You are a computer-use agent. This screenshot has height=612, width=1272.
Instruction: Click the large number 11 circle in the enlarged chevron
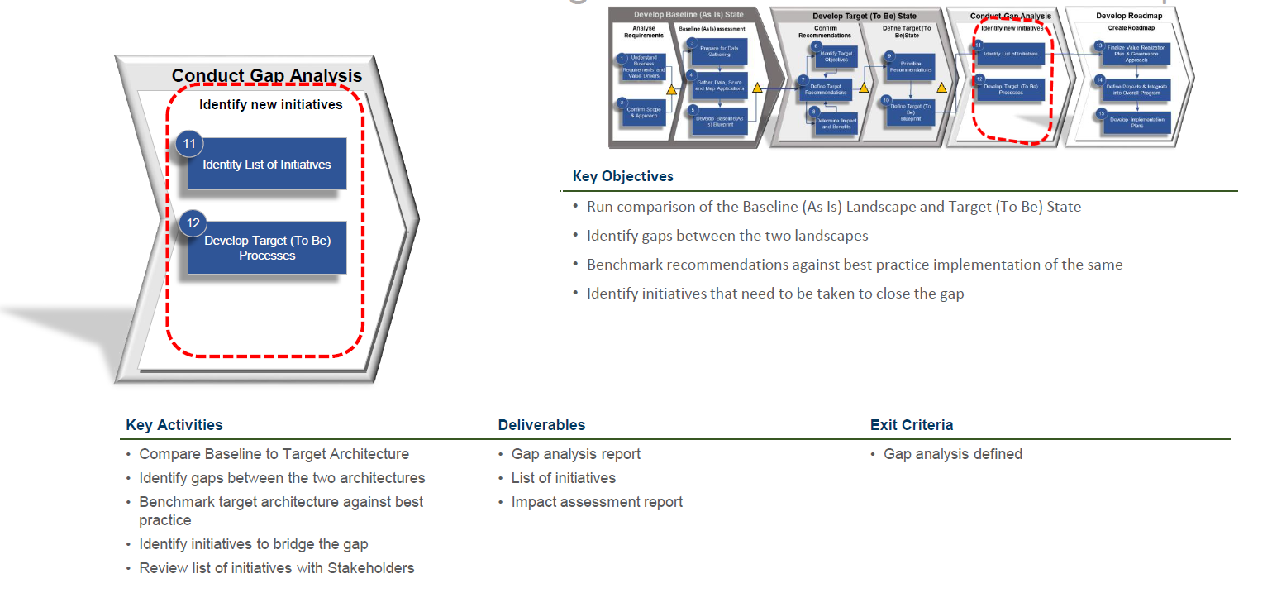pos(189,144)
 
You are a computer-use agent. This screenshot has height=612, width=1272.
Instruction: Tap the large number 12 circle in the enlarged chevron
pos(193,222)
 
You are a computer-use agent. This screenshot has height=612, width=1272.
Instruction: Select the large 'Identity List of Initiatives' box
pos(267,165)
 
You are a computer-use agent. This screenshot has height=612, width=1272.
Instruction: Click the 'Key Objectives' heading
pos(622,176)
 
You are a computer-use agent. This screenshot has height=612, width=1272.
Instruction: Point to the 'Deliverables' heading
pos(541,425)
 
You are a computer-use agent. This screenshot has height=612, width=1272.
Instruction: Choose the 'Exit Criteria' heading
pos(912,425)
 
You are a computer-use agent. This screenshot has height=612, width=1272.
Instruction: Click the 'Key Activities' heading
pos(174,425)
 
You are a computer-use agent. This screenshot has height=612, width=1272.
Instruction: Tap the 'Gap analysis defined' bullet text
pos(953,454)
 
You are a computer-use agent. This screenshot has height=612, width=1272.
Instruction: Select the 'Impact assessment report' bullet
pos(597,502)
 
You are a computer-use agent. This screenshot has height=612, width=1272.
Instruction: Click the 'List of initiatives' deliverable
pos(564,478)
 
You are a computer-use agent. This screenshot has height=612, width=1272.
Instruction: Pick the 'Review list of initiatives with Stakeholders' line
pos(277,568)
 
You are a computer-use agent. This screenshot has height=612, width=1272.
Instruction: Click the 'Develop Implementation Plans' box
pos(1137,122)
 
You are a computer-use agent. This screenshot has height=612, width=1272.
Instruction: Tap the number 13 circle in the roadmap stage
pos(1099,45)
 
